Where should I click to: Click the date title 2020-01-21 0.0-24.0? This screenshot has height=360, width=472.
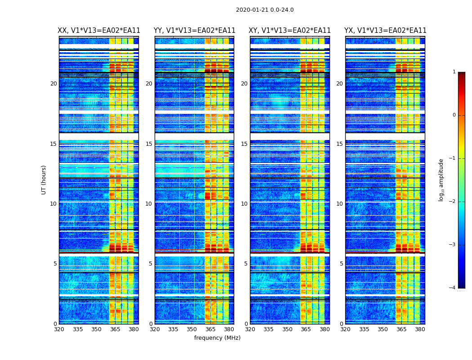point(265,10)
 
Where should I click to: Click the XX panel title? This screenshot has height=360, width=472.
point(99,31)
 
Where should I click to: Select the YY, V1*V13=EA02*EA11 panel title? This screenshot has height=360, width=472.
point(195,31)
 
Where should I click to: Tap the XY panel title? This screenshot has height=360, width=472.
point(290,31)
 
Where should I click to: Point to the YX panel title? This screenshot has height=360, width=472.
point(385,31)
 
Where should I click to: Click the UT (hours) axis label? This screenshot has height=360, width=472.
point(44,180)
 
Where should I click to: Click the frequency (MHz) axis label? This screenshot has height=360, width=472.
point(217,338)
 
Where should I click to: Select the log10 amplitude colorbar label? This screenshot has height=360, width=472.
point(441,180)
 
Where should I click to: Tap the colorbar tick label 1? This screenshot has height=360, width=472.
point(454,72)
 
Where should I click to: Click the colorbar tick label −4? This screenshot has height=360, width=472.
point(453,288)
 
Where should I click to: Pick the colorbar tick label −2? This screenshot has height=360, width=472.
point(453,202)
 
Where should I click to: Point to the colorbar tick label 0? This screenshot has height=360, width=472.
point(454,115)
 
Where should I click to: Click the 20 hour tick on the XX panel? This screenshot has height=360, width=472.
point(53,84)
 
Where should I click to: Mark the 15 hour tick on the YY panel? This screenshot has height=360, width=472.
point(149,144)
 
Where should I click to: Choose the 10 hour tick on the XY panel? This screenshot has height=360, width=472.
point(244,204)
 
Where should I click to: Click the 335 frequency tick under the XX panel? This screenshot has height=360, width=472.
point(78,329)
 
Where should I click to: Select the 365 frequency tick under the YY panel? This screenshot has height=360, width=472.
point(210,329)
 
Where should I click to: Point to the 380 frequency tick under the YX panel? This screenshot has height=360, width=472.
point(420,329)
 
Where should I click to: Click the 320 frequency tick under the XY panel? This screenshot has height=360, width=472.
point(250,329)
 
